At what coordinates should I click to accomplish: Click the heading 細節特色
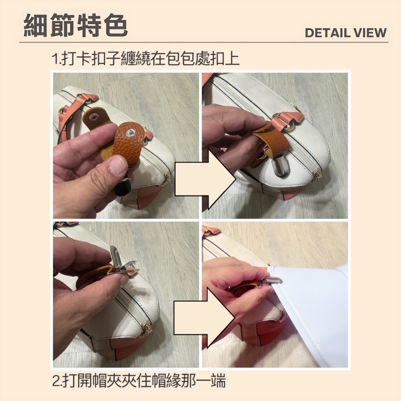(x=76, y=25)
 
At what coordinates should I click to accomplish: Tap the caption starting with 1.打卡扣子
(x=145, y=59)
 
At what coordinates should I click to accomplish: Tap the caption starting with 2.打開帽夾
(x=139, y=381)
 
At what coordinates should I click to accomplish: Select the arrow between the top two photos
(x=205, y=180)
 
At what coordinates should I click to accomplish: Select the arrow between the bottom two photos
(x=205, y=318)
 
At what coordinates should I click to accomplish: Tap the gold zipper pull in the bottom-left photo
(x=146, y=328)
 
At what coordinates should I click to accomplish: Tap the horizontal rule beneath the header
(x=204, y=42)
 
